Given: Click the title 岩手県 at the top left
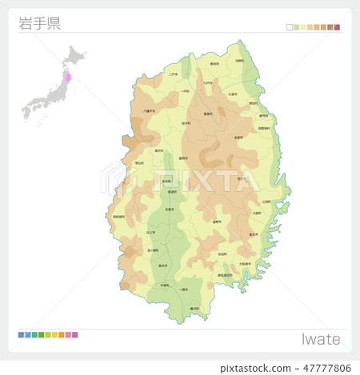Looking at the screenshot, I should point(39,22).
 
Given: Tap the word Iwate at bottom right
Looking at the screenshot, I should point(321,339).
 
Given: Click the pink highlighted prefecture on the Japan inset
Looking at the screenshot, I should point(68,79).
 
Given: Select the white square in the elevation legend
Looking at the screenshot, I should point(290,27).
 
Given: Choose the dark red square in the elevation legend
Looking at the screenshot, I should point(337,27).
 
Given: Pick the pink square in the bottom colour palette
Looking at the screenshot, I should point(75,334).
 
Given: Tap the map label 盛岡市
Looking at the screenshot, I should point(183,158).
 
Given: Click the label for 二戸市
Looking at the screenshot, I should point(174,74).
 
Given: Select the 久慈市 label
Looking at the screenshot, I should point(233,94).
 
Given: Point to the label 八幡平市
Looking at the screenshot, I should point(149,111).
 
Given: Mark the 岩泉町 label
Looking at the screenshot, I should point(238,138).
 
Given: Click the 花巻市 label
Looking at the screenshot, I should point(169,209).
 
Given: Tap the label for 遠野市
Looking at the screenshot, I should point(217,223).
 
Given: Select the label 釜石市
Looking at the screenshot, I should point(253,234).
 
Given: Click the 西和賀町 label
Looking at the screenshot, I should point(119,217).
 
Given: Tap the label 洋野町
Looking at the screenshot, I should point(239,61).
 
